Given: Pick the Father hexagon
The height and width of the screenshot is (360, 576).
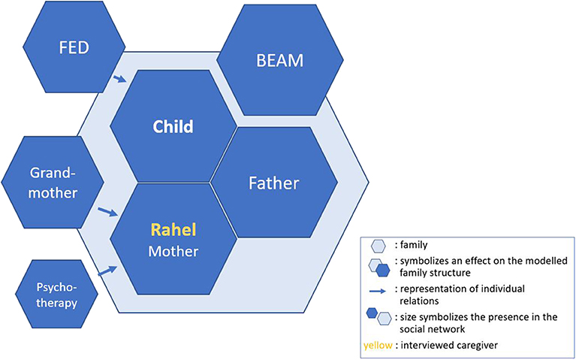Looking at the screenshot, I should coord(273,183).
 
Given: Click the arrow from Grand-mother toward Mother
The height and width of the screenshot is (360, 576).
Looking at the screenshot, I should coord(108,213).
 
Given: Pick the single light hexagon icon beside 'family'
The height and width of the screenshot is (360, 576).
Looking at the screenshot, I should coord(380,244).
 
